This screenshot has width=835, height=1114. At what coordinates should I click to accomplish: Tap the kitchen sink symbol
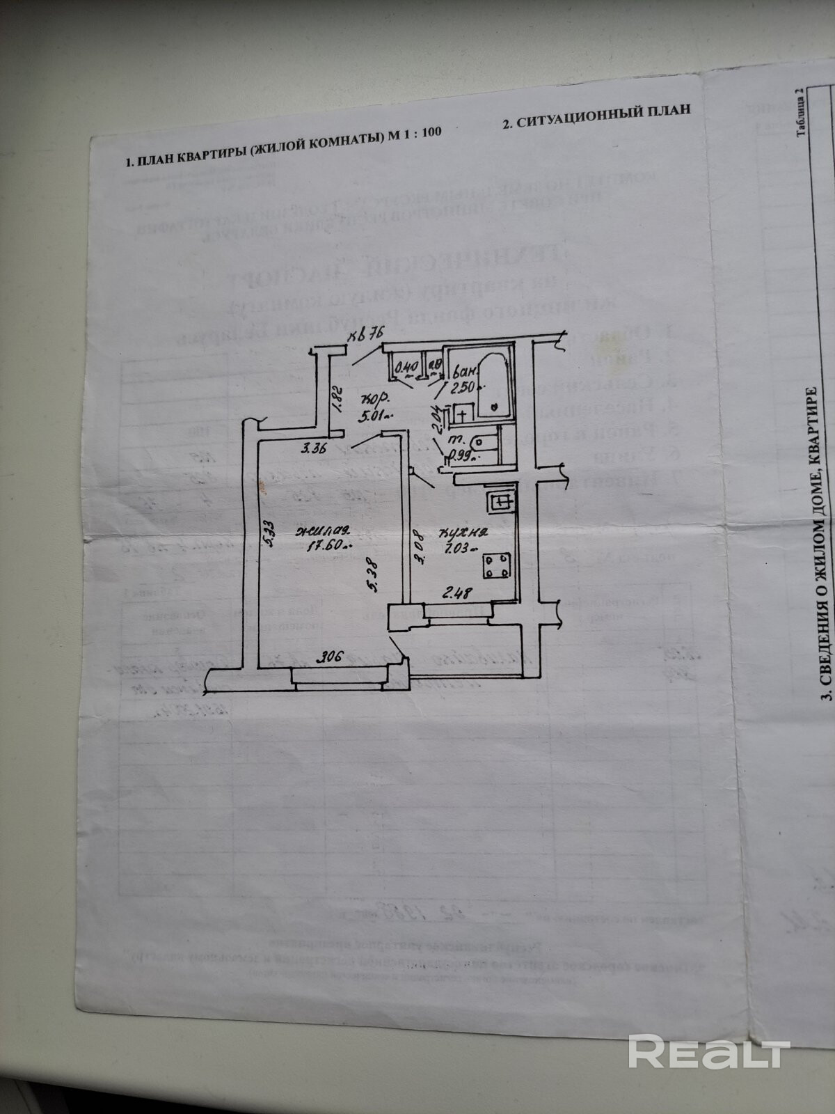500,501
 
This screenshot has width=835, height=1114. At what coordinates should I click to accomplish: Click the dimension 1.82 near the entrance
336,400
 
